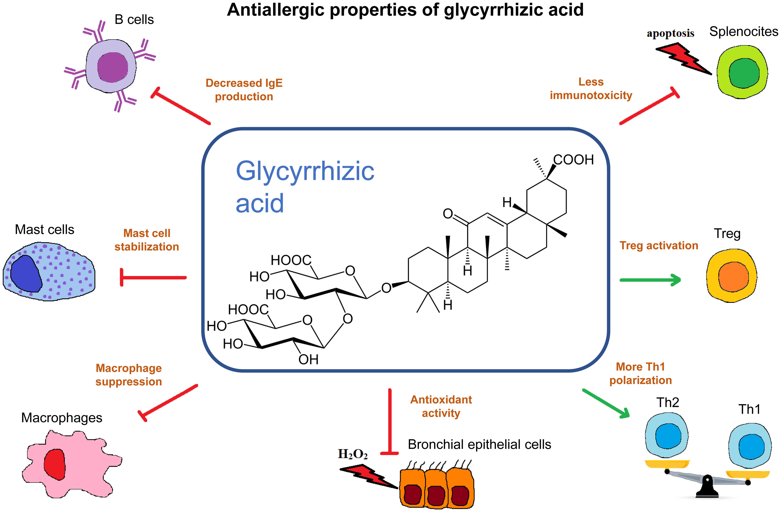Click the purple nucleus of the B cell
113,67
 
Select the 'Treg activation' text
659,246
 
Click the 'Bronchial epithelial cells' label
479,444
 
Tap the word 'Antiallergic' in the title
276,10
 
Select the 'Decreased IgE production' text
244,90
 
